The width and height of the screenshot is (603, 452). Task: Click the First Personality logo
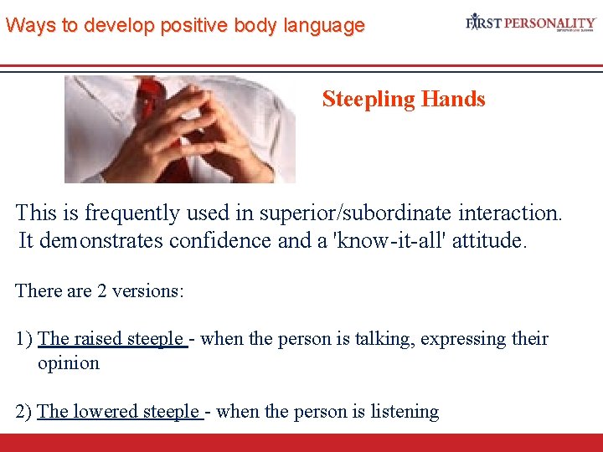tap(530, 23)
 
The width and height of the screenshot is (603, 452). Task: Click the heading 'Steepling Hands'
tap(403, 100)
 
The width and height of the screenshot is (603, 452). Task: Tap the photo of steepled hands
tap(180, 130)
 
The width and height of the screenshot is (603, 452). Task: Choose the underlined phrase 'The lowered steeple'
tap(119, 412)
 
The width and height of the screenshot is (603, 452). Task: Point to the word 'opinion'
tap(69, 363)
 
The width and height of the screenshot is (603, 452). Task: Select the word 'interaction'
tap(508, 213)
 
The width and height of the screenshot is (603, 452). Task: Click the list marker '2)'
tap(24, 412)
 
